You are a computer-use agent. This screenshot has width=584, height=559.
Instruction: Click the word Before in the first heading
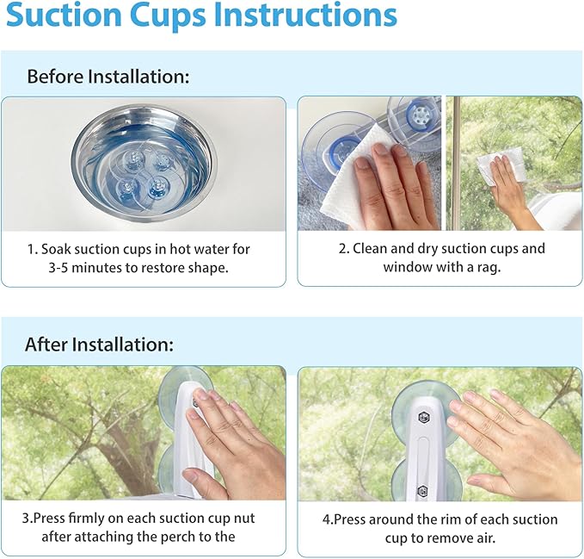pos(55,77)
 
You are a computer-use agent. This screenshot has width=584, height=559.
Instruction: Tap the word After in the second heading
pos(46,344)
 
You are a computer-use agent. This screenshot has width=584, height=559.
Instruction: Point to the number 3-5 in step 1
pos(58,268)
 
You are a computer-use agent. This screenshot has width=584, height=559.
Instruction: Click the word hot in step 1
pos(181,249)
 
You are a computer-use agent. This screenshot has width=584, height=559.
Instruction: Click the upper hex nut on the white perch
pos(423,417)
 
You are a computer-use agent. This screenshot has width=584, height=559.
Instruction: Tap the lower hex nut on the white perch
pos(422,490)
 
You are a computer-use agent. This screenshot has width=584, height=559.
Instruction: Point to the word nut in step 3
pos(244,519)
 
